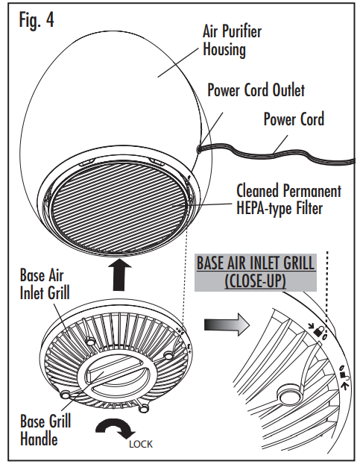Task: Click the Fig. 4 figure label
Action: (x=37, y=20)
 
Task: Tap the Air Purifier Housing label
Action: (x=232, y=40)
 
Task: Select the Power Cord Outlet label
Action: (x=256, y=90)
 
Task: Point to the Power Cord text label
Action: (x=294, y=119)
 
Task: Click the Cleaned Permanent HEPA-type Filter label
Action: (x=288, y=199)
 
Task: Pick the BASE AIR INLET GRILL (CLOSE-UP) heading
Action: (x=256, y=272)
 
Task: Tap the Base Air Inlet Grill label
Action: (x=45, y=283)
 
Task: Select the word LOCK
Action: (x=141, y=445)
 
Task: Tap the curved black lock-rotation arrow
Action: (x=115, y=427)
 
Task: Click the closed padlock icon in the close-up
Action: (x=319, y=331)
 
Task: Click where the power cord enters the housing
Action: (x=198, y=148)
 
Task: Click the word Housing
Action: (x=224, y=49)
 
